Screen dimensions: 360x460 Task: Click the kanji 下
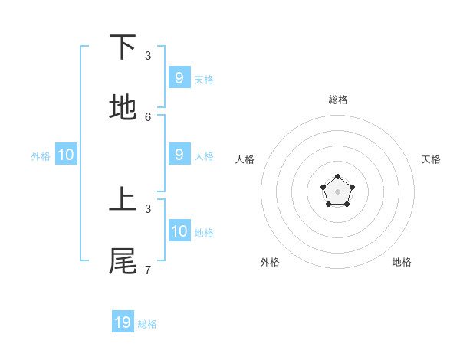point(123,47)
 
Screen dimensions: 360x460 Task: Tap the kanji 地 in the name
point(123,108)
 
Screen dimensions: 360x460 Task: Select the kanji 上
point(123,200)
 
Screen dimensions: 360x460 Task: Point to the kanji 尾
point(123,261)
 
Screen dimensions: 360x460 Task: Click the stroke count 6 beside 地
point(148,116)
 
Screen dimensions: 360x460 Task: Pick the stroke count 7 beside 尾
point(148,270)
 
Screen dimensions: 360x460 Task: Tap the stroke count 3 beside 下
point(148,55)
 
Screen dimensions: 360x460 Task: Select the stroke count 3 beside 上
point(148,208)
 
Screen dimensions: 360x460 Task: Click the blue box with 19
point(123,322)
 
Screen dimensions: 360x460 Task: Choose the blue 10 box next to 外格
point(66,155)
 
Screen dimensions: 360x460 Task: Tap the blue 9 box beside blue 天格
point(179,77)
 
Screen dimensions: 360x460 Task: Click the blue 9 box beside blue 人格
point(179,154)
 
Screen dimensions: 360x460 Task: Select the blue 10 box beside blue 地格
point(179,231)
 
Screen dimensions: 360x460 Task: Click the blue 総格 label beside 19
point(147,324)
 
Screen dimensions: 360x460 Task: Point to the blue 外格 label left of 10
point(41,156)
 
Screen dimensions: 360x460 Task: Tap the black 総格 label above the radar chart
point(337,100)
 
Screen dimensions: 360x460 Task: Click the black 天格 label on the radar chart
point(431,159)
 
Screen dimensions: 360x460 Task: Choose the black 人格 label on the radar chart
point(245,159)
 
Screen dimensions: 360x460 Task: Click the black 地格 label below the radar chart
point(402,262)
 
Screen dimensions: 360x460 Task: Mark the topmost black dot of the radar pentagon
point(337,178)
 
